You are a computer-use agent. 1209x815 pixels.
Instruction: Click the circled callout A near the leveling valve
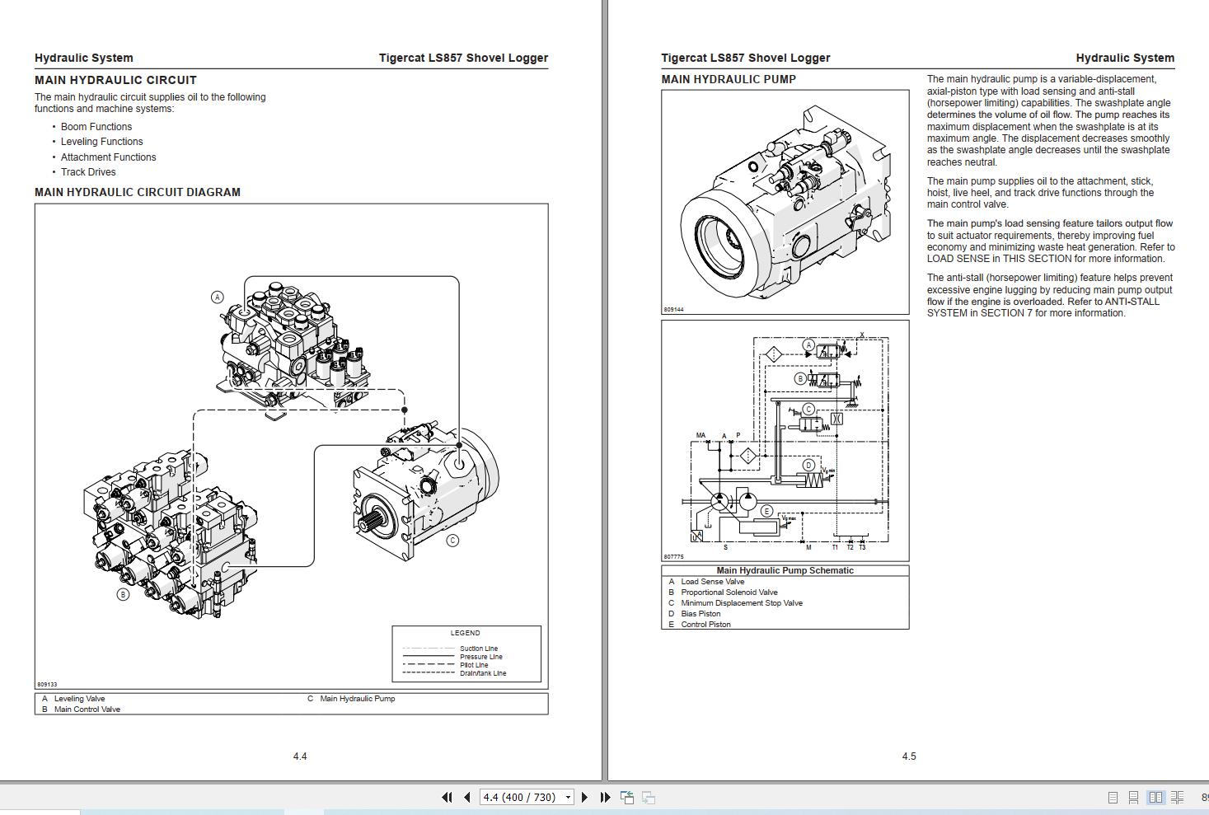tap(218, 297)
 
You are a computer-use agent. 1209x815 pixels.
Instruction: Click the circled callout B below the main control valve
tap(123, 594)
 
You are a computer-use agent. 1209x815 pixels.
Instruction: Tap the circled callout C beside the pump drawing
tap(452, 541)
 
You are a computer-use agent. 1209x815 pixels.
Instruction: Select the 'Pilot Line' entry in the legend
tap(474, 665)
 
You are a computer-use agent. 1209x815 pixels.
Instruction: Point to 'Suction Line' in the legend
tap(478, 649)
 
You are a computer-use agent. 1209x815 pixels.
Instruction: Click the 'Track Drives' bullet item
tap(88, 172)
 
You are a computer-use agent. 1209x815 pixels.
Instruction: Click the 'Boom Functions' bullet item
tap(96, 127)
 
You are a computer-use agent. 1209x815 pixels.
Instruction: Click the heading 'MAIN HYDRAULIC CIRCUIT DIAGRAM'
tap(138, 192)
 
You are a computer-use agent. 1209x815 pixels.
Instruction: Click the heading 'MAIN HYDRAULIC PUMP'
tap(729, 79)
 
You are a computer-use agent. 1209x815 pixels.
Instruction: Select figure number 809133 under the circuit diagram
tap(47, 684)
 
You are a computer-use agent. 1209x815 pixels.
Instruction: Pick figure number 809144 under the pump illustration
tap(673, 310)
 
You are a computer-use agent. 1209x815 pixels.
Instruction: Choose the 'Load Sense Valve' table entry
tap(712, 582)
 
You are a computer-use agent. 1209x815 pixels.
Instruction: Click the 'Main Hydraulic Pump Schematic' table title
tap(785, 570)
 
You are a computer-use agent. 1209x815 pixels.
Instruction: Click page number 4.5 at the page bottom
tap(909, 756)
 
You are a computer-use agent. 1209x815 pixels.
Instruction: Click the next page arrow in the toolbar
tap(584, 797)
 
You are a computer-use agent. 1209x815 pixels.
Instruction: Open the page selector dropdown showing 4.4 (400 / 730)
tap(568, 797)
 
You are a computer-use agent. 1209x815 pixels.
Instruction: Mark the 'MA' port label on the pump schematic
tap(701, 435)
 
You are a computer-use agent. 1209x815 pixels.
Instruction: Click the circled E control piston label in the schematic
tap(766, 511)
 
